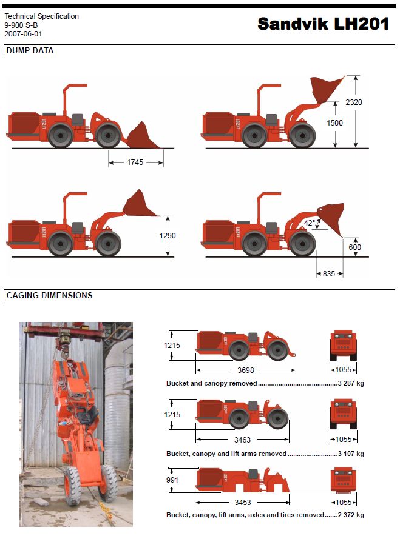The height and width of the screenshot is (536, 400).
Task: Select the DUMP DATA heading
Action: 30,51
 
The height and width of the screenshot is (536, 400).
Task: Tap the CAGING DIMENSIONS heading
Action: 49,296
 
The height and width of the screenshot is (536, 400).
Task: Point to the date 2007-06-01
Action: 23,34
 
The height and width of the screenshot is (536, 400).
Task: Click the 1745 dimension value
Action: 135,162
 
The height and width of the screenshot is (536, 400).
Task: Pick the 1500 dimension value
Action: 334,123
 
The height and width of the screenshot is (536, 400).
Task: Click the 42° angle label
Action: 310,223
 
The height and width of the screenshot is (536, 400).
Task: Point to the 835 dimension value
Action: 329,273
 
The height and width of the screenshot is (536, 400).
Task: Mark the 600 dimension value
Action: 354,247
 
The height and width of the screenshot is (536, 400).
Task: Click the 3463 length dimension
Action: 242,440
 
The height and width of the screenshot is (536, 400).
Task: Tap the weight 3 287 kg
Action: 350,384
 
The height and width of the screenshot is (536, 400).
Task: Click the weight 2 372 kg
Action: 350,515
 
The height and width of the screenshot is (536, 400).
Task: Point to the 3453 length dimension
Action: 242,503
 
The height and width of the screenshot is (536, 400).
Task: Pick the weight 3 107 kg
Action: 350,454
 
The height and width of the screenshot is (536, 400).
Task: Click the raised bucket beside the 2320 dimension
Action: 326,89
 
